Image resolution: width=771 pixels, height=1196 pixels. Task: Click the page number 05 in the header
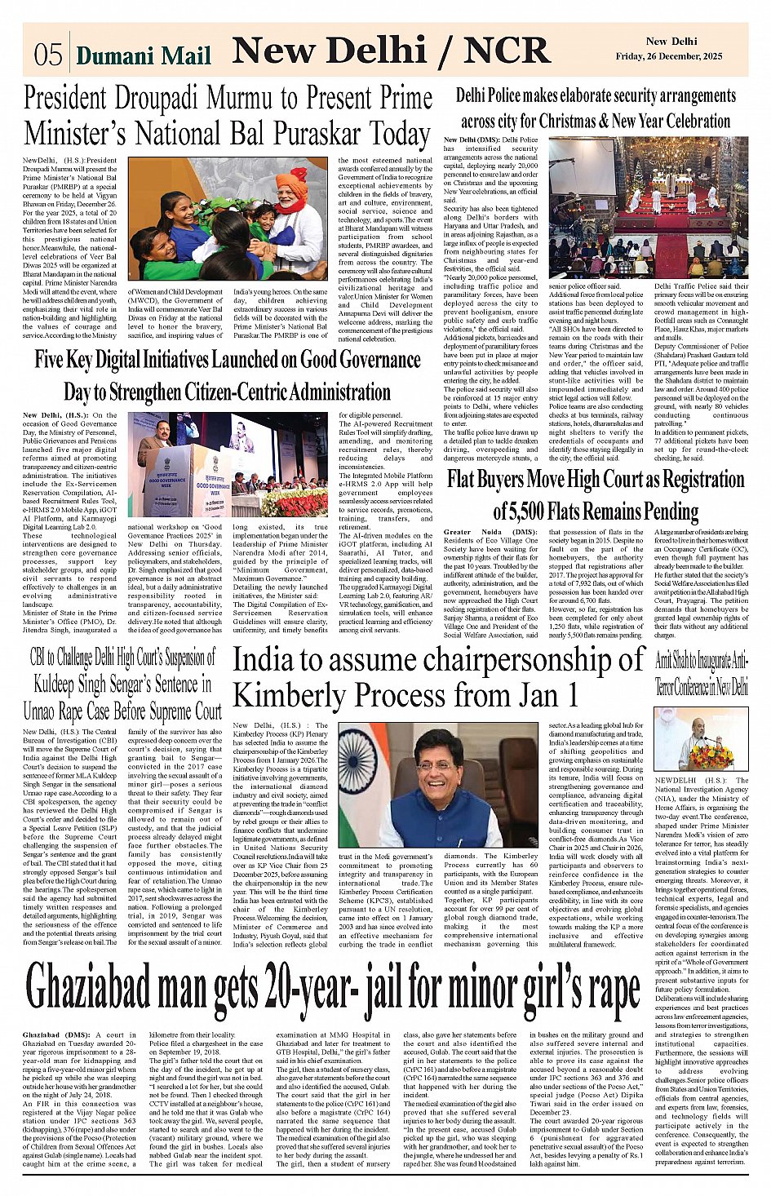[48, 54]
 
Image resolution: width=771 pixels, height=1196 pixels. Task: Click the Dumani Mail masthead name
[144, 55]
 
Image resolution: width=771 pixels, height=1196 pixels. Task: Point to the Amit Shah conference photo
[702, 741]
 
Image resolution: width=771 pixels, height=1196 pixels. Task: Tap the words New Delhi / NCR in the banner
[391, 51]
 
